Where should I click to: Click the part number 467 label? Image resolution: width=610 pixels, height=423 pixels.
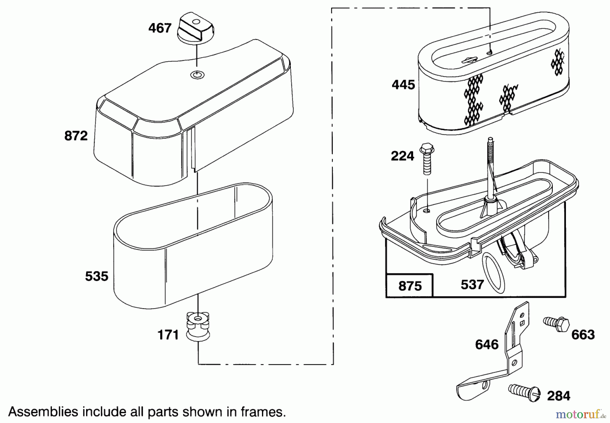pyautogui.click(x=160, y=28)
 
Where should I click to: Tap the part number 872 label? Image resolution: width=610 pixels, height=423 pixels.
pyautogui.click(x=76, y=136)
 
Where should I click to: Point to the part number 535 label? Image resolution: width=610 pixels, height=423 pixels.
pyautogui.click(x=97, y=276)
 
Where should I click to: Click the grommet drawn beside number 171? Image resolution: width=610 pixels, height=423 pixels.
pyautogui.click(x=198, y=327)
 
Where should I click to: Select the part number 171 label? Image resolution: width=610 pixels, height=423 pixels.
pyautogui.click(x=168, y=335)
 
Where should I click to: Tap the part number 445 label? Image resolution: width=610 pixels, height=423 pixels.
pyautogui.click(x=403, y=85)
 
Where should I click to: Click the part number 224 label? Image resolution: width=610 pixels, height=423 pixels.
pyautogui.click(x=402, y=156)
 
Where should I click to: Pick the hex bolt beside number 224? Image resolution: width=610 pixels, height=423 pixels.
pyautogui.click(x=427, y=159)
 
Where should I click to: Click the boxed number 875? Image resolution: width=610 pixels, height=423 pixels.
pyautogui.click(x=410, y=286)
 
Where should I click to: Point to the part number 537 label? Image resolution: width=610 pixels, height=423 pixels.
pyautogui.click(x=472, y=285)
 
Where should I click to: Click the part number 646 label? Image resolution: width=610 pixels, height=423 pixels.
pyautogui.click(x=487, y=345)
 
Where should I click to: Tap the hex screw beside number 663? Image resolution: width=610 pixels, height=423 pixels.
pyautogui.click(x=556, y=323)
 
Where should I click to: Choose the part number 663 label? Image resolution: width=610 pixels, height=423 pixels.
pyautogui.click(x=583, y=335)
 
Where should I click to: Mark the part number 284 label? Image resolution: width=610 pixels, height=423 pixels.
pyautogui.click(x=558, y=396)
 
